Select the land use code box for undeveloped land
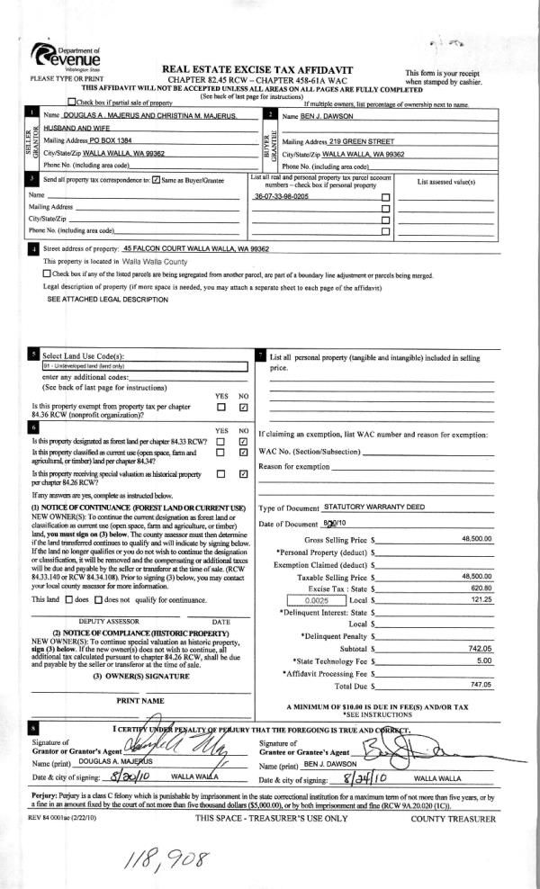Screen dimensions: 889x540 [x=144, y=367]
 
